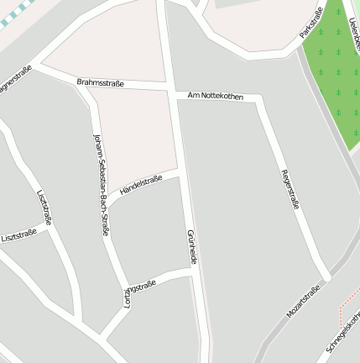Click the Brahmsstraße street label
pyautogui.click(x=100, y=83)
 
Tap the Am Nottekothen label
pyautogui.click(x=216, y=97)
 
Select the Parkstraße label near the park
pyautogui.click(x=311, y=23)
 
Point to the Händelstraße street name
pyautogui.click(x=141, y=185)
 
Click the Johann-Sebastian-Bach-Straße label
pyautogui.click(x=101, y=182)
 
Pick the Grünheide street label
pyautogui.click(x=191, y=247)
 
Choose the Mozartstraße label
pyautogui.click(x=303, y=301)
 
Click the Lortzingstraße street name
pyautogui.click(x=139, y=295)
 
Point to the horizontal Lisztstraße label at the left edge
pyautogui.click(x=19, y=237)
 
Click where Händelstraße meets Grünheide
pyautogui.click(x=181, y=174)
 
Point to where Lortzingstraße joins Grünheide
pyautogui.click(x=193, y=272)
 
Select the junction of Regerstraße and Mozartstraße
pyautogui.click(x=327, y=276)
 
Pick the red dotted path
pyautogui.click(x=342, y=306)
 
